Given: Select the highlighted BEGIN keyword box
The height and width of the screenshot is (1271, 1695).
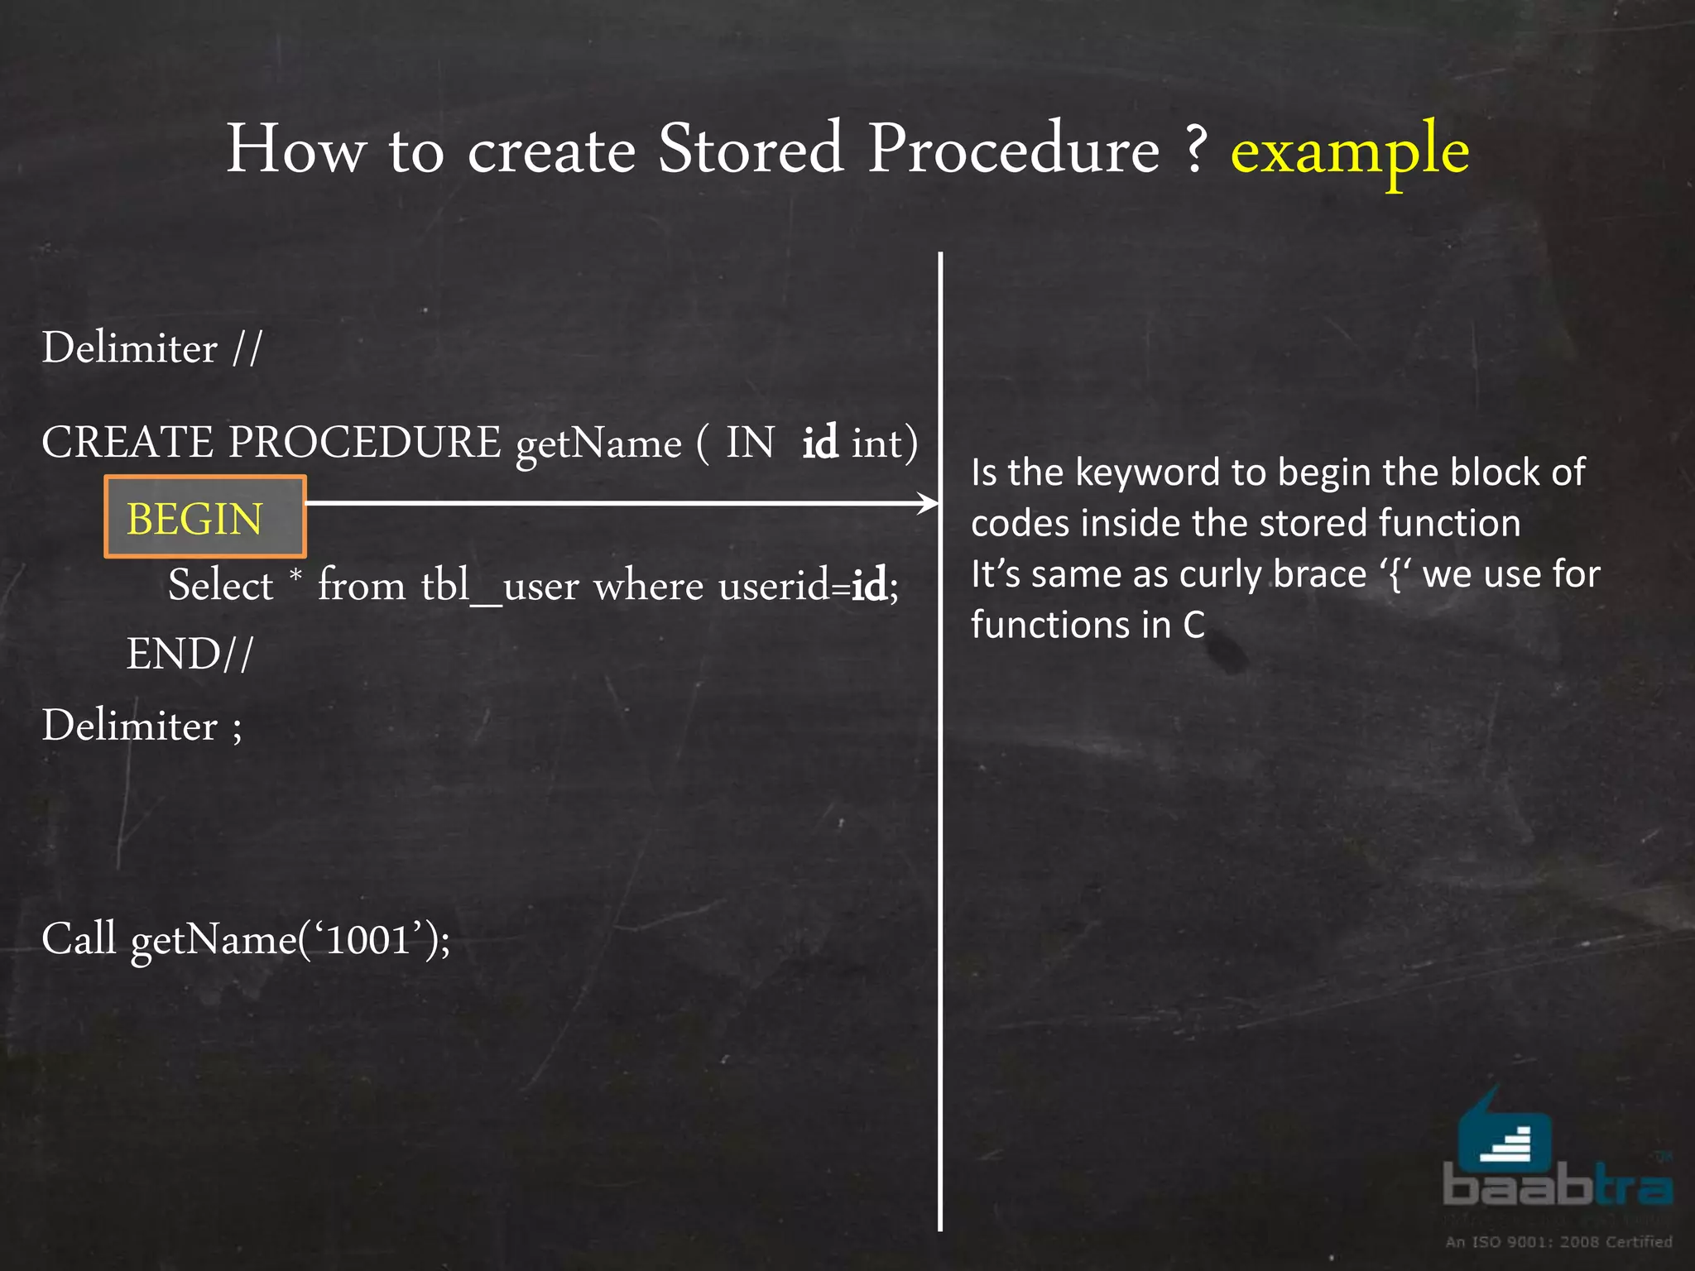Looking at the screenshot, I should click(204, 517).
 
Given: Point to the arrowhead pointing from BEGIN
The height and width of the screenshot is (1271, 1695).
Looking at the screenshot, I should click(929, 502).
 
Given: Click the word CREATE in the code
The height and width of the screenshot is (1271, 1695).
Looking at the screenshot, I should click(127, 442).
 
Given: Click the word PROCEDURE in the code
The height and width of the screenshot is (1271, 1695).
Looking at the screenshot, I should click(364, 442).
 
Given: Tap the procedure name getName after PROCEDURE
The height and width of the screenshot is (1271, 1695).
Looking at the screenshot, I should click(598, 444).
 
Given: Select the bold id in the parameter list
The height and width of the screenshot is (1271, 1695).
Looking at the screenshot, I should click(819, 442).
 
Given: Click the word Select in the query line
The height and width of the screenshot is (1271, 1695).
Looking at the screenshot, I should click(220, 586).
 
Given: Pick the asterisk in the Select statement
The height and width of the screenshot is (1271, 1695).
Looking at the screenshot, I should click(295, 574).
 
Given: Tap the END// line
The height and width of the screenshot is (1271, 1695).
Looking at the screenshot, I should click(190, 655).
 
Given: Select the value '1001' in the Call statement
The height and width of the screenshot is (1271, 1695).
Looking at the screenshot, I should click(367, 939).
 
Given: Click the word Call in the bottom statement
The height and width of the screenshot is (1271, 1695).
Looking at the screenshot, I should click(79, 939).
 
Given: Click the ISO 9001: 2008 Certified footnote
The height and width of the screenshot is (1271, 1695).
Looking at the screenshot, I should click(1558, 1241).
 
